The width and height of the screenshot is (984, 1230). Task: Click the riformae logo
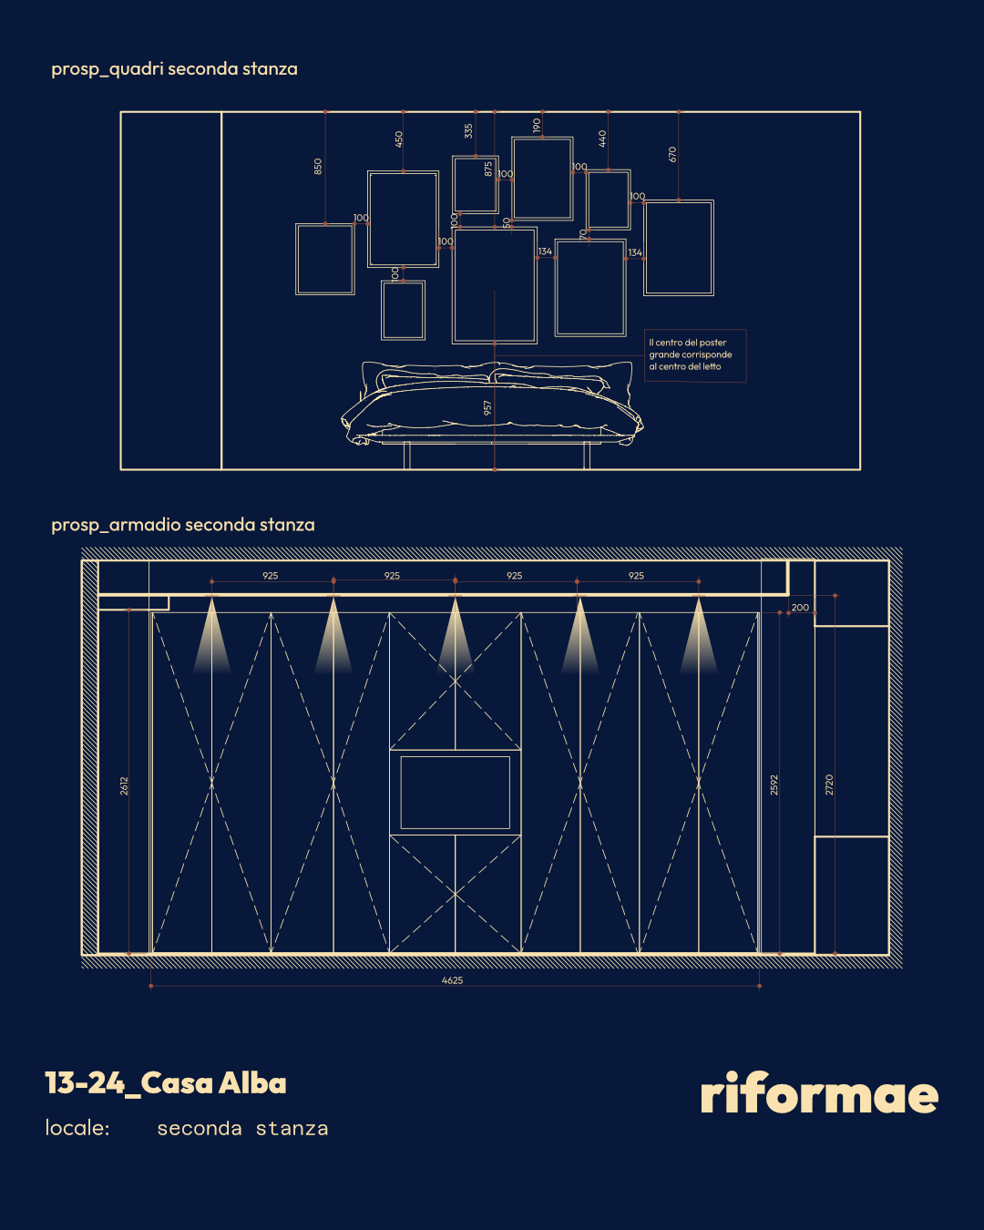(x=819, y=1092)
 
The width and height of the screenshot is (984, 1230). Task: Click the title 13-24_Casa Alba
(x=166, y=1083)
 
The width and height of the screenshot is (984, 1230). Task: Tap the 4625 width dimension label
(x=452, y=980)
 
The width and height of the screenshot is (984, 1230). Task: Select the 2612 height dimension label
(x=124, y=786)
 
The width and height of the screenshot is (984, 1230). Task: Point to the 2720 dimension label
(x=829, y=784)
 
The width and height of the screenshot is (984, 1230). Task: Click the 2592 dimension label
(x=774, y=784)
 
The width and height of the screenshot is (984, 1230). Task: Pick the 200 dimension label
(x=800, y=608)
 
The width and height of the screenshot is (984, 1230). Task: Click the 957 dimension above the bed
(x=487, y=407)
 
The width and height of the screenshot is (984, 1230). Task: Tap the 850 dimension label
(x=318, y=167)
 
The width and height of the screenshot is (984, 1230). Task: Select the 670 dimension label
(x=672, y=154)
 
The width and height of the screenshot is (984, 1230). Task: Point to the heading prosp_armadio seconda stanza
(x=183, y=525)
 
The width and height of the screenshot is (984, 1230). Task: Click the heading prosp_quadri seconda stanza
(x=174, y=69)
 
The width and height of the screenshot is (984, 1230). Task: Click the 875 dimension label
(x=488, y=169)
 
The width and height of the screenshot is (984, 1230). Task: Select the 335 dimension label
(x=469, y=131)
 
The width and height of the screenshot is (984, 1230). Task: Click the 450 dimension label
(x=399, y=138)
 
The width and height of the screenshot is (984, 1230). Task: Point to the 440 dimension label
(x=602, y=138)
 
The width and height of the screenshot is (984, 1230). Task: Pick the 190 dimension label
(x=537, y=125)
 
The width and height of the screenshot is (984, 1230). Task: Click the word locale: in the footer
(x=77, y=1128)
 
